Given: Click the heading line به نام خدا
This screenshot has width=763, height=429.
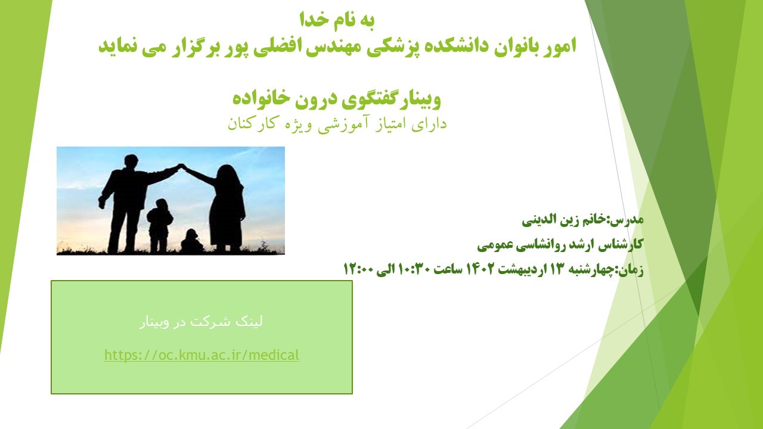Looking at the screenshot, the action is pos(337,20).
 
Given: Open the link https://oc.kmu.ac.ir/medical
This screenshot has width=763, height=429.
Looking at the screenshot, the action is pos(201,355).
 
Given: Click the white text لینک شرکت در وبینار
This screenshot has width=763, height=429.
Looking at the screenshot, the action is pos(201,321).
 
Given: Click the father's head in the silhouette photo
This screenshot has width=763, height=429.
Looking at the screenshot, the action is pos(131,161).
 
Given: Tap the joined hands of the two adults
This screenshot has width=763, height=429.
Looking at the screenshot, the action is pos(182,166).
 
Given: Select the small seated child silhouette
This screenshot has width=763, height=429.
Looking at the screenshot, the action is pos(191,241).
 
